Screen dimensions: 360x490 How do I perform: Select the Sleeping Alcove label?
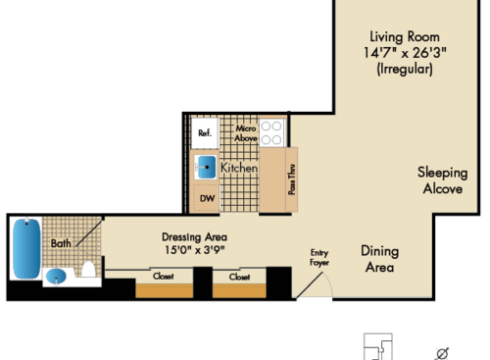click(441, 180)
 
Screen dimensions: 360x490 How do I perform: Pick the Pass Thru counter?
click(291, 180)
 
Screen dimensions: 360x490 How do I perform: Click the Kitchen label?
click(238, 169)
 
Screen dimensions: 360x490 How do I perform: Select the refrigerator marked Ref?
click(205, 132)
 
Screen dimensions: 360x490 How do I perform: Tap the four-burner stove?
click(272, 132)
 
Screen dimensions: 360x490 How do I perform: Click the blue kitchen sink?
click(206, 167)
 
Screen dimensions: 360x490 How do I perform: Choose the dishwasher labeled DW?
click(206, 199)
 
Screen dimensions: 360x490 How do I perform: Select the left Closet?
click(163, 278)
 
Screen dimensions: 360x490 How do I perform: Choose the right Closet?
click(239, 278)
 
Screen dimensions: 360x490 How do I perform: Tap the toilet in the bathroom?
click(89, 269)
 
